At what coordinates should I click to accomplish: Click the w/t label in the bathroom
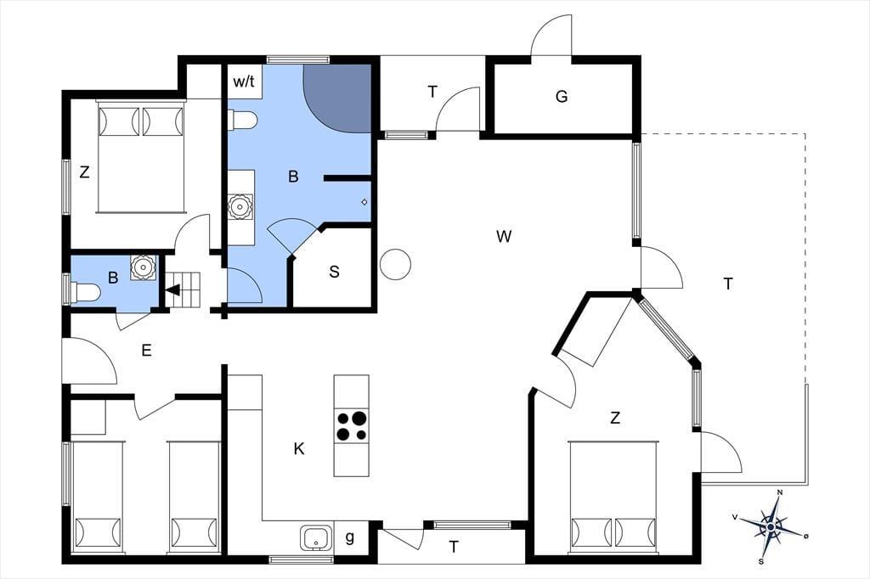coord(244,82)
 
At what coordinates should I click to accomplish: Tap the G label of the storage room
coord(562,97)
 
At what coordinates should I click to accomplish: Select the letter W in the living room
coord(503,237)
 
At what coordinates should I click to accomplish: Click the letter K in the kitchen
coord(299,448)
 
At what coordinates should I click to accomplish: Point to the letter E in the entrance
coord(146,351)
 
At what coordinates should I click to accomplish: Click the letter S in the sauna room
coord(334,272)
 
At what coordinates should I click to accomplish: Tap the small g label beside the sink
coord(349,537)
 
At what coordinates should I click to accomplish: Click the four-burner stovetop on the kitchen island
coord(351,425)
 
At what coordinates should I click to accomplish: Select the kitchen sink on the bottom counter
coord(316,537)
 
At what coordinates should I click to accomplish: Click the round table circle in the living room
coord(396,264)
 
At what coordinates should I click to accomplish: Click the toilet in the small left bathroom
coord(86,292)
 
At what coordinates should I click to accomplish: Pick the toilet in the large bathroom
coord(243,120)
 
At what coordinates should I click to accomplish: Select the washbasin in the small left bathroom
coord(143,267)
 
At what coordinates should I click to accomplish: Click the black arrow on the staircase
coord(172,289)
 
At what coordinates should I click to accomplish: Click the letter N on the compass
coord(780,492)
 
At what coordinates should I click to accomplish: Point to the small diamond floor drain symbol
coord(364,202)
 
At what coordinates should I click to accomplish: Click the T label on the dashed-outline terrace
coord(728,284)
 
